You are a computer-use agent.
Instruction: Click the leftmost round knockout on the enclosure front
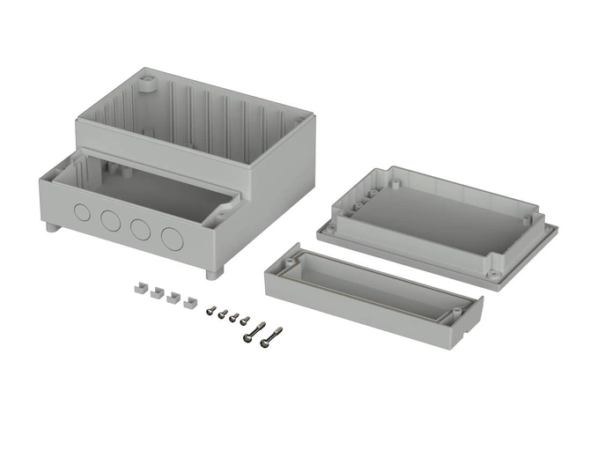[81, 212]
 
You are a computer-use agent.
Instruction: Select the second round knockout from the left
[110, 220]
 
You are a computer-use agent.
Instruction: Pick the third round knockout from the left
[140, 228]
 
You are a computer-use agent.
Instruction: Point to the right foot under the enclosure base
[211, 274]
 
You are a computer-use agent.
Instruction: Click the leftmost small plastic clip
[138, 287]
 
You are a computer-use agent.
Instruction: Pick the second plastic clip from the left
[155, 292]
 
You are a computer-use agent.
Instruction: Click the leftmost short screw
[213, 309]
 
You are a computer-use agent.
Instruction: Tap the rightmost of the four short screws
[245, 321]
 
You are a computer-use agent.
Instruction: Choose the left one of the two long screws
[254, 331]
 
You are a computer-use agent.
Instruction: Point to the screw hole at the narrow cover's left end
[291, 262]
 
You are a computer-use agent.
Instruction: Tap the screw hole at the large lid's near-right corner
[493, 274]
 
